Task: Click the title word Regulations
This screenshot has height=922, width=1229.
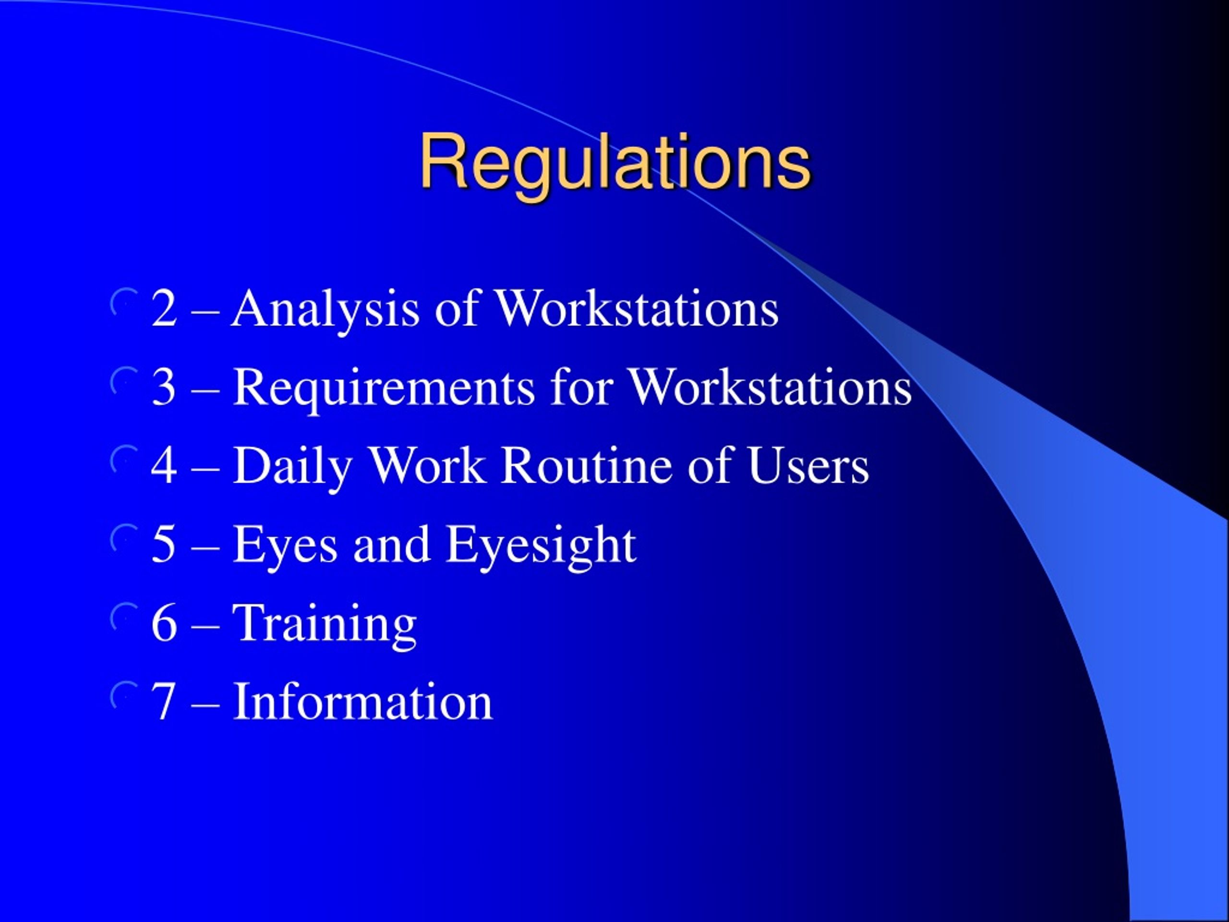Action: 614,162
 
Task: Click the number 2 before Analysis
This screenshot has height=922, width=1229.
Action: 164,309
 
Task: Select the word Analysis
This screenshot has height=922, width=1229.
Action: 325,309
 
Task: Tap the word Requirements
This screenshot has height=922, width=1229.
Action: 384,388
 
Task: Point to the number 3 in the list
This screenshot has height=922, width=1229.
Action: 164,388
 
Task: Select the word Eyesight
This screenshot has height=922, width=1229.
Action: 541,546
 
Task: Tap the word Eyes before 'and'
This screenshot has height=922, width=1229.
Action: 285,546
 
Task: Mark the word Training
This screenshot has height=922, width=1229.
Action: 325,624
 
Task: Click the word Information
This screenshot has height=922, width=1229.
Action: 362,702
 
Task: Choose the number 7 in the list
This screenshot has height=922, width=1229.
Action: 164,702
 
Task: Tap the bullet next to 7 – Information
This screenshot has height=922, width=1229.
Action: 123,695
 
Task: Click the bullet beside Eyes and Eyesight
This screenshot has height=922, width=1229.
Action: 123,538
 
